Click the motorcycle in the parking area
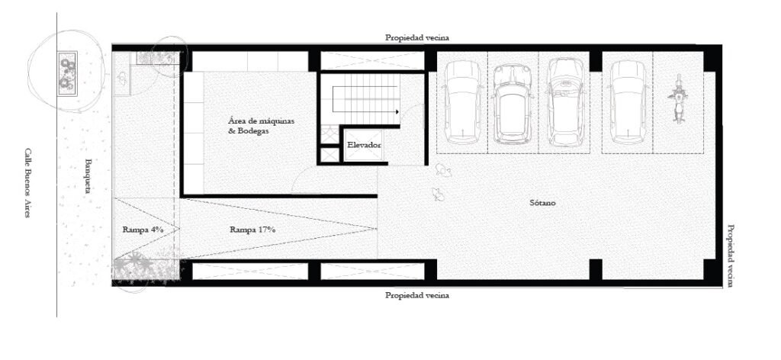678,98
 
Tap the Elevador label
364,146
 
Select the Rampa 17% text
252,230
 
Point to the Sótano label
542,203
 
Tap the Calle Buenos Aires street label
27,182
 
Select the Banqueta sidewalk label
88,175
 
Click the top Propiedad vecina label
417,37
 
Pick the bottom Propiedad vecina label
417,295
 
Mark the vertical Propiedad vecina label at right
730,256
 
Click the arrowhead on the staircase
397,112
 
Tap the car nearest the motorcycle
628,102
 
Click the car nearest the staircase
463,102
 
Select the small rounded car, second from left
513,104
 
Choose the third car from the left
565,101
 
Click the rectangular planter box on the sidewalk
67,74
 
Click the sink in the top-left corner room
122,78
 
